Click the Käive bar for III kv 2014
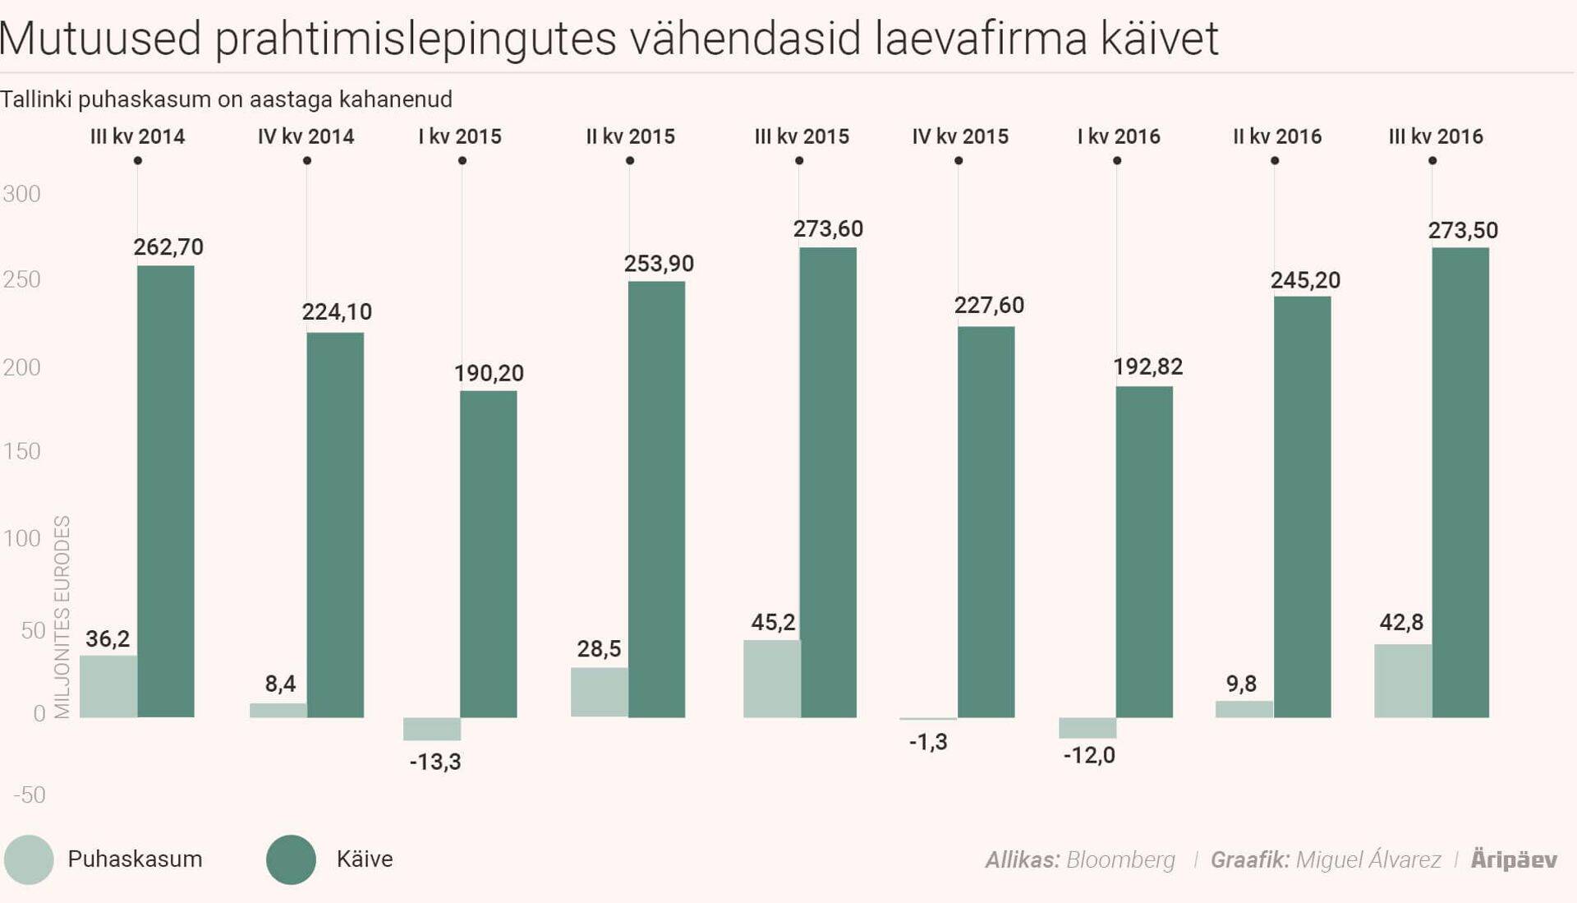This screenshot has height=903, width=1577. (x=166, y=491)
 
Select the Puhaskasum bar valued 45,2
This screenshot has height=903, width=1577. (x=771, y=679)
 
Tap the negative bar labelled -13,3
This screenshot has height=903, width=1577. (x=432, y=729)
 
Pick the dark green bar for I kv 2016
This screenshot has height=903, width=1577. (x=1143, y=552)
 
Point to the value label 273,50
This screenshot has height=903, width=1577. (x=1463, y=231)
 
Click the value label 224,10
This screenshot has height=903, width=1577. (x=337, y=312)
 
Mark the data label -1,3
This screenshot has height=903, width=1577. (x=928, y=742)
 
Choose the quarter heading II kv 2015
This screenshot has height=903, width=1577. (x=630, y=136)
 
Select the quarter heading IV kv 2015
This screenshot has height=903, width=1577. (x=959, y=136)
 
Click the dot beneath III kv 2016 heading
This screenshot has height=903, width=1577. (x=1432, y=161)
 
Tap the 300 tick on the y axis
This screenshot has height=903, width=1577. (x=21, y=194)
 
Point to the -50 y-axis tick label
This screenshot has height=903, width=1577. (x=30, y=795)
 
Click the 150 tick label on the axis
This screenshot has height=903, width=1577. (x=21, y=451)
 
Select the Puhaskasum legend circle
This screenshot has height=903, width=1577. (x=29, y=859)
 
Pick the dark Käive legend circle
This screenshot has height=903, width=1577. (x=291, y=859)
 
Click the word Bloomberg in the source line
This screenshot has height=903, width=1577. (x=1120, y=860)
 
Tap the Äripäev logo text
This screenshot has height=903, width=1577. (x=1514, y=859)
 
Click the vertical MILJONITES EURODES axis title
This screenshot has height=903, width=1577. (x=62, y=616)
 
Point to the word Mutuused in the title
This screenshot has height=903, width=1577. (x=101, y=38)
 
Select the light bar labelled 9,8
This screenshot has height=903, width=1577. (x=1244, y=709)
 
